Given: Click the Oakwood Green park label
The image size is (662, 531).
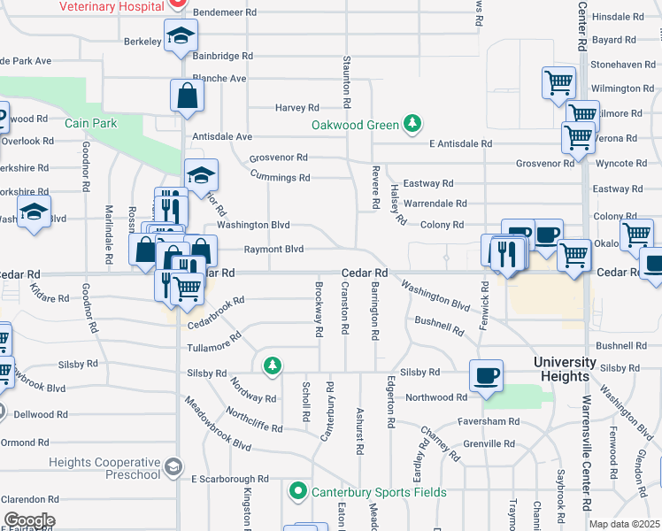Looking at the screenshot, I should [x=355, y=125].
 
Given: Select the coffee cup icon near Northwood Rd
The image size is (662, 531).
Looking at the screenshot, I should [x=486, y=374].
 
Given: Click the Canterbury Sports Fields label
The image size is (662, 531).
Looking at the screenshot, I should [x=365, y=492].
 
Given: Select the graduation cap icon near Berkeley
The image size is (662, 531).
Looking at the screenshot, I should [x=181, y=36].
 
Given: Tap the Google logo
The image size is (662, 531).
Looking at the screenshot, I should [x=28, y=520].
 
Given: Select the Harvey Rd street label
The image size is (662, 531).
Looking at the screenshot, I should [x=296, y=108].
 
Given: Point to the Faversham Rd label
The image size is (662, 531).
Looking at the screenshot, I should [x=489, y=420].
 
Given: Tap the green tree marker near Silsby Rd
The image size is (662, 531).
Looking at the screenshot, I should [x=273, y=365].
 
